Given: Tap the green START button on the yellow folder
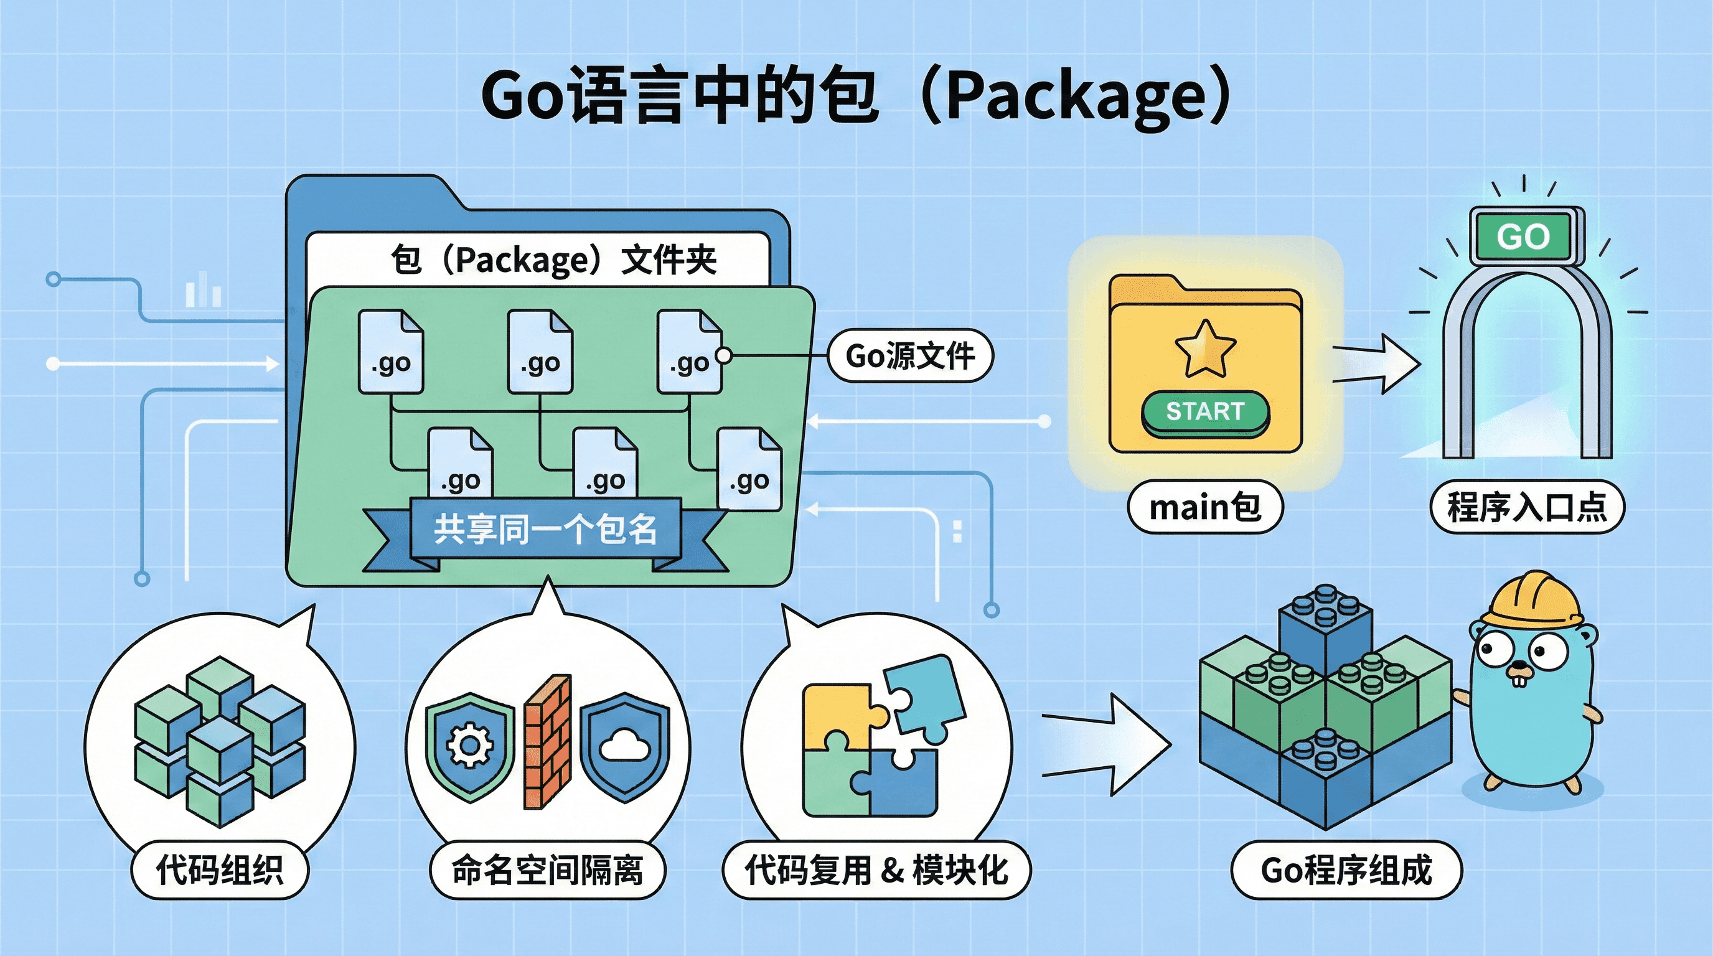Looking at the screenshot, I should [1205, 411].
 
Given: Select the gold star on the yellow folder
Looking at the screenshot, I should [1205, 349].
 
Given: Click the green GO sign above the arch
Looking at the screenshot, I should [1523, 236].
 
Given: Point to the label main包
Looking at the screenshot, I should [1205, 508].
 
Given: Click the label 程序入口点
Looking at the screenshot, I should [1527, 508].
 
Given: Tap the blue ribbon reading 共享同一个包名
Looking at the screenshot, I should [545, 530].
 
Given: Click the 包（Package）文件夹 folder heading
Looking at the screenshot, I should [553, 260].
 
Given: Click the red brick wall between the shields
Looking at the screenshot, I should [547, 741].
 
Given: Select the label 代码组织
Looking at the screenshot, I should [220, 869].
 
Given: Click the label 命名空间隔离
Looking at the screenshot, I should [547, 869].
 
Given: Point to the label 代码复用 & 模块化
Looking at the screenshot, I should [876, 869].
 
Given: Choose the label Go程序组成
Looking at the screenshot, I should [1346, 869].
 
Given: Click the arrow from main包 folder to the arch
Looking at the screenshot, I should [1376, 363].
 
